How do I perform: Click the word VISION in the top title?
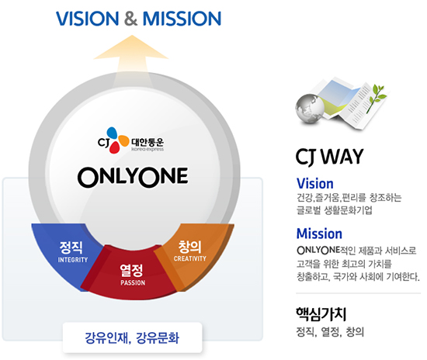point(88,19)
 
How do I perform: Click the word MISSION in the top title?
point(182,19)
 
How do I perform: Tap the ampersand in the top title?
point(130,19)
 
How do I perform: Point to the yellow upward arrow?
point(131,57)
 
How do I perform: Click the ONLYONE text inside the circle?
point(133,178)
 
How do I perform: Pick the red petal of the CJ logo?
point(114,147)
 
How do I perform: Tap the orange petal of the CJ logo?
point(123,141)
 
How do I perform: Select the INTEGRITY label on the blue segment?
point(73,260)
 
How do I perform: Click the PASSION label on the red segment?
point(133,282)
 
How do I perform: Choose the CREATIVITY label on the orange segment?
point(190,258)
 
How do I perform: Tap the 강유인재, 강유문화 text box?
point(132,337)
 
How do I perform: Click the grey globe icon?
point(310,109)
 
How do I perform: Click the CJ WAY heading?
point(330,157)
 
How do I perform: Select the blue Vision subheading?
point(315,183)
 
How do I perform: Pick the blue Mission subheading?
point(319,234)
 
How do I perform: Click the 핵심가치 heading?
point(321,314)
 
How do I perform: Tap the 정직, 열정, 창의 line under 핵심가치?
point(330,332)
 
